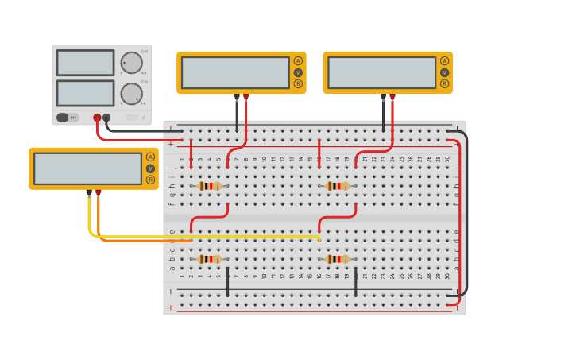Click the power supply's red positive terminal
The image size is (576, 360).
pyautogui.click(x=97, y=118)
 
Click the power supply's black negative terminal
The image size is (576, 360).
pyautogui.click(x=106, y=118)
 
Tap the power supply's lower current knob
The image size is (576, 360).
pyautogui.click(x=131, y=94)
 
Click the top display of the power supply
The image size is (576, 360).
pyautogui.click(x=85, y=63)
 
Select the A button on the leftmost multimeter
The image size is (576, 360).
pyautogui.click(x=150, y=157)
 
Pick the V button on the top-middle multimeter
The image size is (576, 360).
pyautogui.click(x=298, y=72)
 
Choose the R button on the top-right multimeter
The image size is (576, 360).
pyautogui.click(x=444, y=83)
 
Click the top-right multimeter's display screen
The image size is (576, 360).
pyautogui.click(x=381, y=72)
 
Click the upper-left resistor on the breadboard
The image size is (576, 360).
pyautogui.click(x=210, y=186)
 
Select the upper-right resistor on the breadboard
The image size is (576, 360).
pyautogui.click(x=338, y=186)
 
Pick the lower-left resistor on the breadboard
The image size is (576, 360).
pyautogui.click(x=210, y=259)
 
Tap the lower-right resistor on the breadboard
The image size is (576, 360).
pyautogui.click(x=338, y=259)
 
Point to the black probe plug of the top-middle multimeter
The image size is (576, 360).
pyautogui.click(x=237, y=98)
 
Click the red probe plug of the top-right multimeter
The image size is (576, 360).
pyautogui.click(x=392, y=98)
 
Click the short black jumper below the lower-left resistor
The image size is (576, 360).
pyautogui.click(x=228, y=282)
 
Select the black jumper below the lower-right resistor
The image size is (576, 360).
pyautogui.click(x=355, y=282)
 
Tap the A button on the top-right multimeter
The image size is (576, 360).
pyautogui.click(x=444, y=61)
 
